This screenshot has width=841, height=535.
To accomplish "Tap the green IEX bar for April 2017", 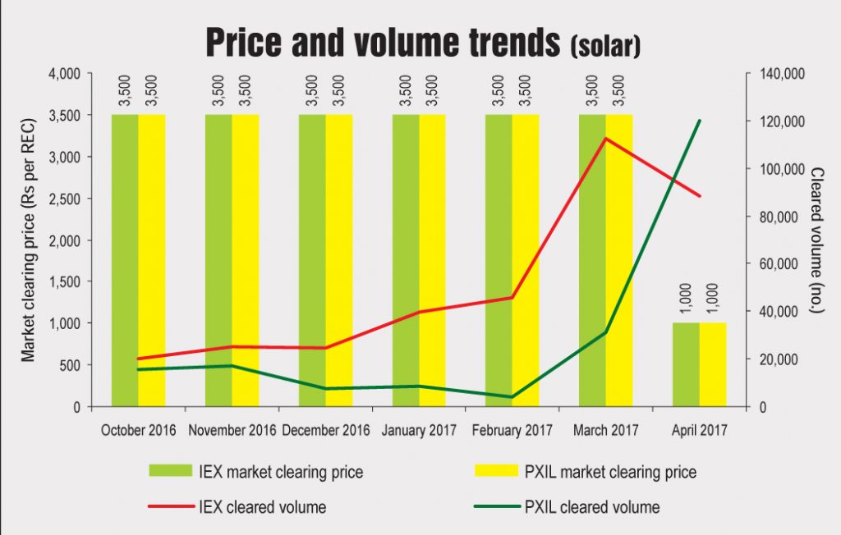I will [x=686, y=364].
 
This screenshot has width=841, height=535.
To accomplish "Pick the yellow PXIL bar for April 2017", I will [x=713, y=364].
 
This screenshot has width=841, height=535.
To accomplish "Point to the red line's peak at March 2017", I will [x=605, y=139].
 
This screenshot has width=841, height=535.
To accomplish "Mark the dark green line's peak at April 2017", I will [x=700, y=121].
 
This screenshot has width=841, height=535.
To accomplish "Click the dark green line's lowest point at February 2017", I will [x=512, y=397].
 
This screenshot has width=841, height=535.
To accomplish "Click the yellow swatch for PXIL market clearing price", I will [x=496, y=472].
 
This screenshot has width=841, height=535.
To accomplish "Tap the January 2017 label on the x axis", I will [x=419, y=430].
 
